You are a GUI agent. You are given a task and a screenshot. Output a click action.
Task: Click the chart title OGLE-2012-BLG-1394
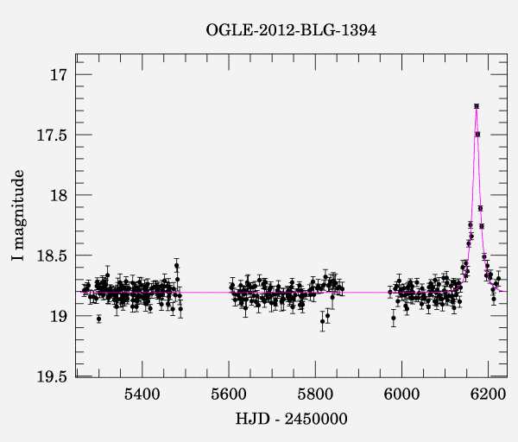(x=291, y=30)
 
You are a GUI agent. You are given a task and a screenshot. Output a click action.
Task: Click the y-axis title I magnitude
(x=17, y=216)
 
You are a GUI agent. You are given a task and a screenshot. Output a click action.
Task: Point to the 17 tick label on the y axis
(x=58, y=75)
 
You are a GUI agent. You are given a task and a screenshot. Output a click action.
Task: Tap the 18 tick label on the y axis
(x=58, y=196)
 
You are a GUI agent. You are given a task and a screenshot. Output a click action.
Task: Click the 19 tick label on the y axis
(x=58, y=317)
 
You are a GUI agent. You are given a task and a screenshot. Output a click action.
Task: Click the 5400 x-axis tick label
(x=142, y=395)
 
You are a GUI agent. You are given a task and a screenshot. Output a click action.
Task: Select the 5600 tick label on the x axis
(x=229, y=395)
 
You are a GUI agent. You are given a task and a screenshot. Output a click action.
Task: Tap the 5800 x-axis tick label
(x=315, y=395)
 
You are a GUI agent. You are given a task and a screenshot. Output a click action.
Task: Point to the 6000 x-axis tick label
(x=401, y=395)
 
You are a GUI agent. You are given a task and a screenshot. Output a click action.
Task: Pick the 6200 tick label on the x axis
(x=488, y=395)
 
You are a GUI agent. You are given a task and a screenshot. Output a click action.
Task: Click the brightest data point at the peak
(x=477, y=106)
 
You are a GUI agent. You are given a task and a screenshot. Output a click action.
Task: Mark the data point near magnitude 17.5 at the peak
(x=478, y=134)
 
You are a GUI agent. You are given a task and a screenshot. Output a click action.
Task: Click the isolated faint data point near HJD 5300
(x=99, y=319)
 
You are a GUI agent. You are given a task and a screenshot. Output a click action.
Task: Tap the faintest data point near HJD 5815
(x=322, y=321)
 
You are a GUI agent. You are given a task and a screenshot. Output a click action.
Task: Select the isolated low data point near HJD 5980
(x=394, y=318)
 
